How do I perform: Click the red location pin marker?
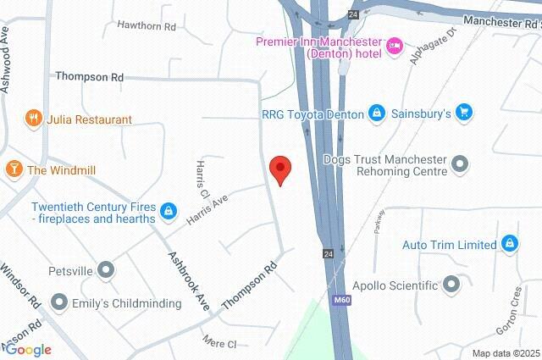point(279,169)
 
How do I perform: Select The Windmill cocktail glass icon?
point(14,169)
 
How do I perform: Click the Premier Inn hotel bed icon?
point(395,46)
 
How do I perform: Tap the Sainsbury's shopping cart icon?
point(462,112)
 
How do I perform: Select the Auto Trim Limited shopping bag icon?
point(509,245)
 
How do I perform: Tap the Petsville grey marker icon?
point(106,271)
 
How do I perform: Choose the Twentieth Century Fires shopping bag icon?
point(169,210)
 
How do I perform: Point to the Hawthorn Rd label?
point(147,26)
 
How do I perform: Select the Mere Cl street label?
point(219,342)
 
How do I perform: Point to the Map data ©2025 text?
point(506,353)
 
